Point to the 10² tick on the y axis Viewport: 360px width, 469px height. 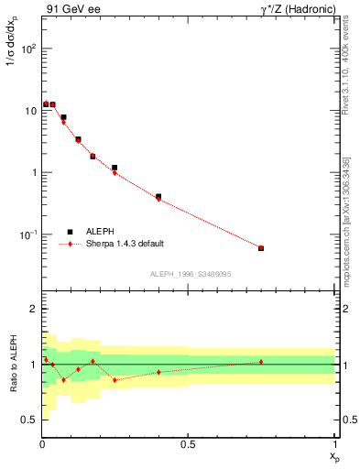[27, 49]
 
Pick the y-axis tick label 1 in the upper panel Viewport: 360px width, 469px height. [33, 172]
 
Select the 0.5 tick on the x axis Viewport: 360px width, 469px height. [188, 444]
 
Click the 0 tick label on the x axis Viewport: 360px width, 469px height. [42, 444]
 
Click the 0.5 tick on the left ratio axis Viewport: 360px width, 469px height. [29, 420]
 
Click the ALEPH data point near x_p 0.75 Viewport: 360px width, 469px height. [261, 248]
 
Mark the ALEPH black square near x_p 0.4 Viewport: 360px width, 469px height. [158, 196]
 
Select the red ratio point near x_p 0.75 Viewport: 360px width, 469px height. [261, 362]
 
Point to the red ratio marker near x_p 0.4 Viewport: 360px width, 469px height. [158, 372]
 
